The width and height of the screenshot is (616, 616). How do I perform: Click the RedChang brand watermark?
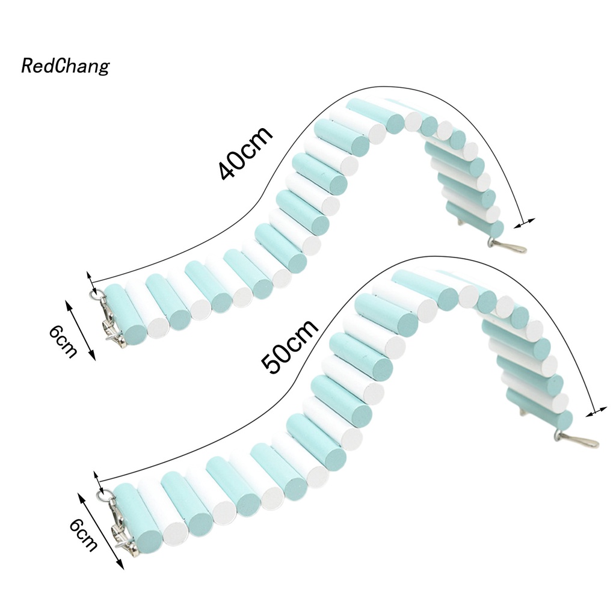65,66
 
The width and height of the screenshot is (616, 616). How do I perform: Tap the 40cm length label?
245,153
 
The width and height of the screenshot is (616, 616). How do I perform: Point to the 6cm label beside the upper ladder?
63,340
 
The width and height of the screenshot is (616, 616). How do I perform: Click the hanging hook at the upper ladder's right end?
508,247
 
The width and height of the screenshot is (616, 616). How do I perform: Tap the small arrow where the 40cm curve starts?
91,280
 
